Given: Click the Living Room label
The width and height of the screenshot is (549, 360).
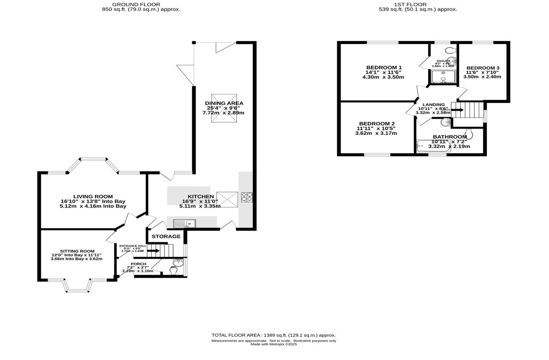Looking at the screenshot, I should point(93,197).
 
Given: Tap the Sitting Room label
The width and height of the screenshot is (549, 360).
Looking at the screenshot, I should point(77,251).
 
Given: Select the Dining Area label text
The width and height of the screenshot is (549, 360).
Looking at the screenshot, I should point(224,103).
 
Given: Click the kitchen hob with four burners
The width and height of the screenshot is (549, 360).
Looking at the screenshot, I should point(247,197).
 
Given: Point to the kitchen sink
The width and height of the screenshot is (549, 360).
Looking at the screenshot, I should point(184,223).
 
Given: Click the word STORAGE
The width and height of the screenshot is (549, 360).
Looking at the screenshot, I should point(166,236).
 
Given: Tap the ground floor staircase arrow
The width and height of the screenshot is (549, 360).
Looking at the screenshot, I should point(153,251).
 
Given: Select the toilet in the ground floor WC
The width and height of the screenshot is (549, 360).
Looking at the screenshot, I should point(173,270).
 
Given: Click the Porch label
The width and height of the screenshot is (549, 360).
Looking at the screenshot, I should point(138,264).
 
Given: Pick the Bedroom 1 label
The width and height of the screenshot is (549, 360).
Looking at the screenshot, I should point(384,67).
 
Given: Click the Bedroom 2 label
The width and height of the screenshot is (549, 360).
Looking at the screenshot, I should point(377,124).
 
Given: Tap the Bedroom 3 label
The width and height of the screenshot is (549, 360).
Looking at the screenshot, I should point(483,68).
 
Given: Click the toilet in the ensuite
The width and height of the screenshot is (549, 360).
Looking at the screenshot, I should point(450,50).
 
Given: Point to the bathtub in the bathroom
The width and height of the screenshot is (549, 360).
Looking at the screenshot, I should point(432,146).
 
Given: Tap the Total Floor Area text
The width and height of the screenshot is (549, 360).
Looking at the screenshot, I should point(273,335).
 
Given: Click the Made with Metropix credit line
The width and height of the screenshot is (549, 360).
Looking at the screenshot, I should point(273,345).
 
